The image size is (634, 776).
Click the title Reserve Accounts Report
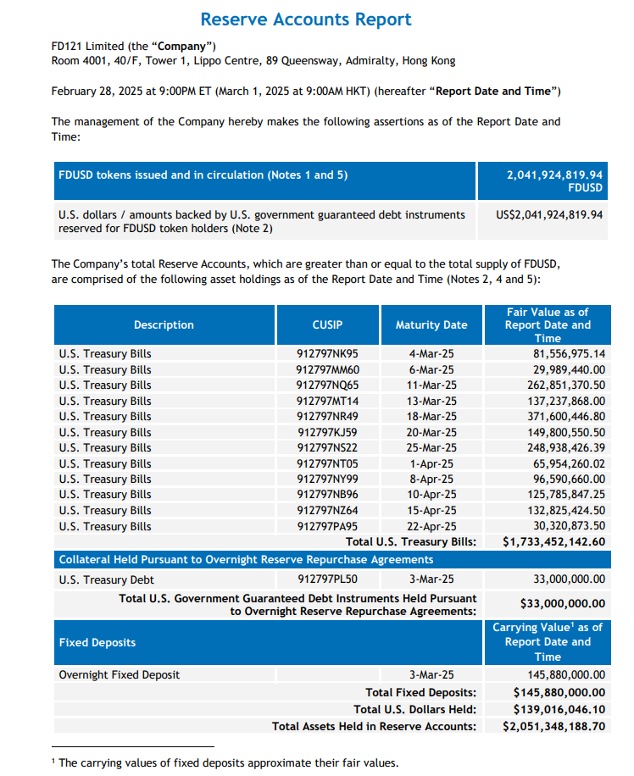coord(306,19)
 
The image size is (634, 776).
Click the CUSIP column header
coord(327,324)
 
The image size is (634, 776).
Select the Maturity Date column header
coord(431,324)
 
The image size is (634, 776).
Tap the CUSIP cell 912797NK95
coord(327,354)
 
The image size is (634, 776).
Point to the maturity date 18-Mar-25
coord(431,417)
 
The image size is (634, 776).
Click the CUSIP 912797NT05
coord(327,463)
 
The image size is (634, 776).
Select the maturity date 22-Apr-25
coord(431,526)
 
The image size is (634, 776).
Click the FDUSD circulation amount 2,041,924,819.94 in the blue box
coord(554,175)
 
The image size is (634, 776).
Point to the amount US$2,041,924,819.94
coord(549,215)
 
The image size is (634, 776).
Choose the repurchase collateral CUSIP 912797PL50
coord(327,579)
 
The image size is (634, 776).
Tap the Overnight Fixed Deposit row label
coord(120,675)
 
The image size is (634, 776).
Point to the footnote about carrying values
coord(225,762)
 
